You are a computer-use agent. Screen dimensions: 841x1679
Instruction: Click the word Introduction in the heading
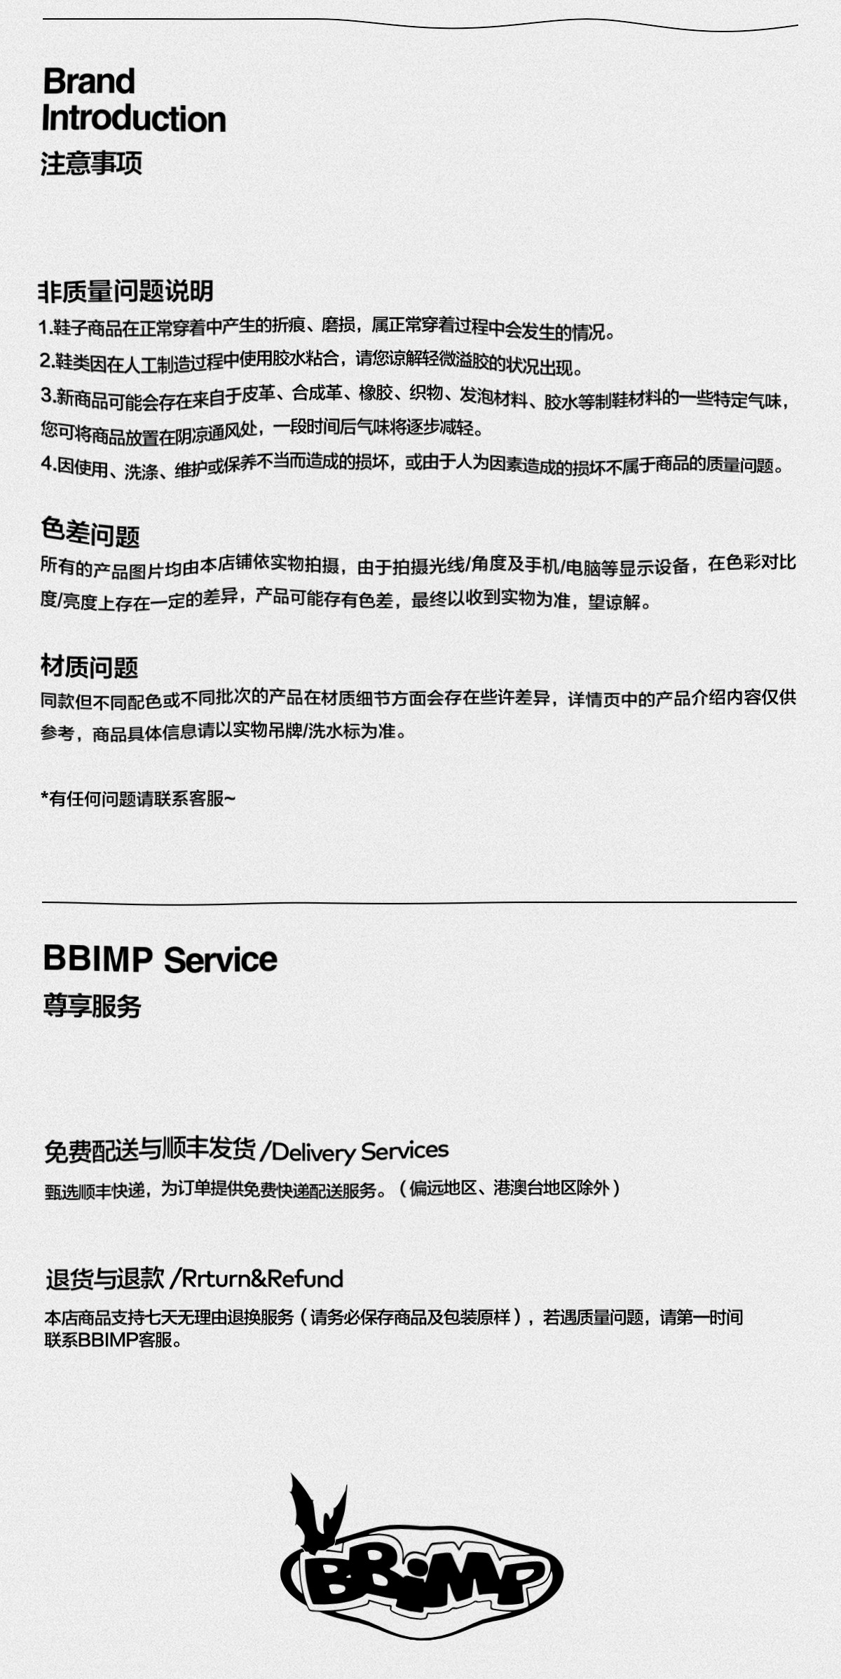(134, 118)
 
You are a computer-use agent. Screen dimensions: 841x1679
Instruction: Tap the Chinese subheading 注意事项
(91, 163)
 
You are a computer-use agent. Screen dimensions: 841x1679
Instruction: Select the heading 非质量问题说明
(125, 291)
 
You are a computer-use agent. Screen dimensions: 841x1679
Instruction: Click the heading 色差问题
(90, 533)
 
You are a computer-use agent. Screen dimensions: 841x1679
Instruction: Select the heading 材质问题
(89, 667)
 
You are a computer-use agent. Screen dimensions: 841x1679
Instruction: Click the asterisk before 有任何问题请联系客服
(45, 798)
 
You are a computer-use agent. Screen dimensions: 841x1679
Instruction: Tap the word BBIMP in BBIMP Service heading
(97, 958)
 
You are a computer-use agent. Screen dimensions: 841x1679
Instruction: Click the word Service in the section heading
(221, 960)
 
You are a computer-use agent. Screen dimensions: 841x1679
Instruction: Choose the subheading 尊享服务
(92, 1006)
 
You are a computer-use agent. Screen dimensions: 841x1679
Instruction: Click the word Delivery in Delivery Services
(313, 1152)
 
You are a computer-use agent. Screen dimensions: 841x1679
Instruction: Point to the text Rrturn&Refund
(262, 1279)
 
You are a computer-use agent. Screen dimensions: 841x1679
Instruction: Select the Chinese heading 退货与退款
(105, 1279)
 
